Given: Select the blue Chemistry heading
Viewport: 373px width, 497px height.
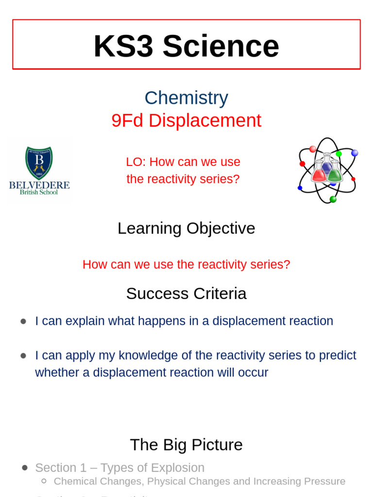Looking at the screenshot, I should (186, 98).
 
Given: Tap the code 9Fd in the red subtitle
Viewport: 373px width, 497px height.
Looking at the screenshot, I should (127, 121).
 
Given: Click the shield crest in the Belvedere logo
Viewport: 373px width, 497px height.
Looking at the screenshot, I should (39, 163).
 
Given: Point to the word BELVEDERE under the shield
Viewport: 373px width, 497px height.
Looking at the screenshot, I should (39, 185).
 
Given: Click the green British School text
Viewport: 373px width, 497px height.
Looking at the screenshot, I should (39, 192).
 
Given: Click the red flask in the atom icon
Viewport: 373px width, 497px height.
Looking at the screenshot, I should (319, 174).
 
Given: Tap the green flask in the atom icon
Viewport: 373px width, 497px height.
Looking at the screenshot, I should (335, 174).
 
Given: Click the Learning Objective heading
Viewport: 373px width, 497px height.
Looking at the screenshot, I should (186, 228).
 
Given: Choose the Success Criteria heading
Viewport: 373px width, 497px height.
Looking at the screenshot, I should (186, 294).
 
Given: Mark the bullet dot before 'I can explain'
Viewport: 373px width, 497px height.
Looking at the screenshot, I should (23, 321).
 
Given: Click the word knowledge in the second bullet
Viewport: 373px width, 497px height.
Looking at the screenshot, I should (151, 355).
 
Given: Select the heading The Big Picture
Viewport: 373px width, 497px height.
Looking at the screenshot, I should (186, 445).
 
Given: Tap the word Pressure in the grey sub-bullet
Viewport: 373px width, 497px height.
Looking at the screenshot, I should (324, 481).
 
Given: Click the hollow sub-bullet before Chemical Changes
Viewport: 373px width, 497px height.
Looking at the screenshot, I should (44, 481).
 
